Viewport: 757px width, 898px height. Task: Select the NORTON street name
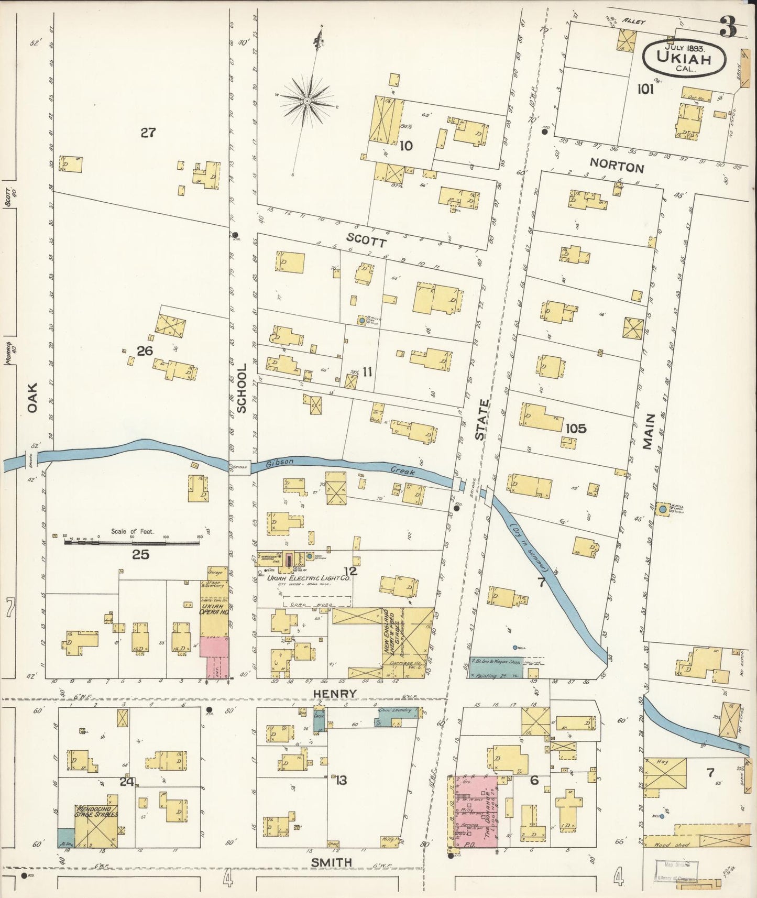616,168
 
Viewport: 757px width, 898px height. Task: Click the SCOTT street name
367,242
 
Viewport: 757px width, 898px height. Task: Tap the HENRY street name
335,693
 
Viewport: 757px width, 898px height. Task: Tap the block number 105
576,429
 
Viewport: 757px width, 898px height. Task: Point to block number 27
148,133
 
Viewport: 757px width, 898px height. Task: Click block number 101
645,90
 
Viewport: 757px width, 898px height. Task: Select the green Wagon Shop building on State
496,666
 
